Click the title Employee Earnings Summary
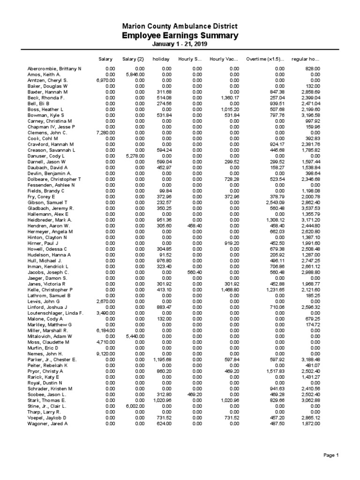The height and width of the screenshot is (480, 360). [180, 36]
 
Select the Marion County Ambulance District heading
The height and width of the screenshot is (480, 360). [180, 27]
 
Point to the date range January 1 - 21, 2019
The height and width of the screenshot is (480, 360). [180, 44]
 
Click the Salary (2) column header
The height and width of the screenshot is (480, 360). [133, 59]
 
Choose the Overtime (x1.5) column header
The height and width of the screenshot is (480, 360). [265, 59]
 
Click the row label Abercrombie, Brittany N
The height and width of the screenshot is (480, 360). [54, 69]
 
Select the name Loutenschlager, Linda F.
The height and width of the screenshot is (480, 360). [55, 313]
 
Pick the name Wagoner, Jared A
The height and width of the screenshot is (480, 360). [48, 423]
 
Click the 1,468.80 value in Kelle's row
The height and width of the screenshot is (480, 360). [230, 290]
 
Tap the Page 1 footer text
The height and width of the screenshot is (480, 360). [331, 455]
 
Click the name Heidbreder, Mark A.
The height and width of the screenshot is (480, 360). [50, 220]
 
